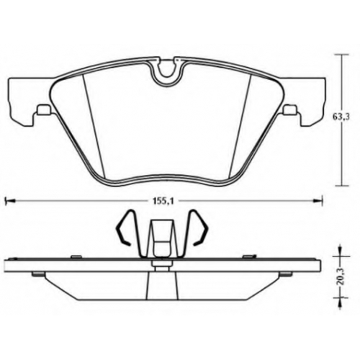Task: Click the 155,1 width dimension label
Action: (163, 201)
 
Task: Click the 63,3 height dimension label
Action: (341, 117)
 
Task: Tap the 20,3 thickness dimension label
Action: (341, 277)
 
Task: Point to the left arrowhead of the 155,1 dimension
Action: (9, 201)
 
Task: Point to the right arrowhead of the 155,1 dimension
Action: (318, 201)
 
